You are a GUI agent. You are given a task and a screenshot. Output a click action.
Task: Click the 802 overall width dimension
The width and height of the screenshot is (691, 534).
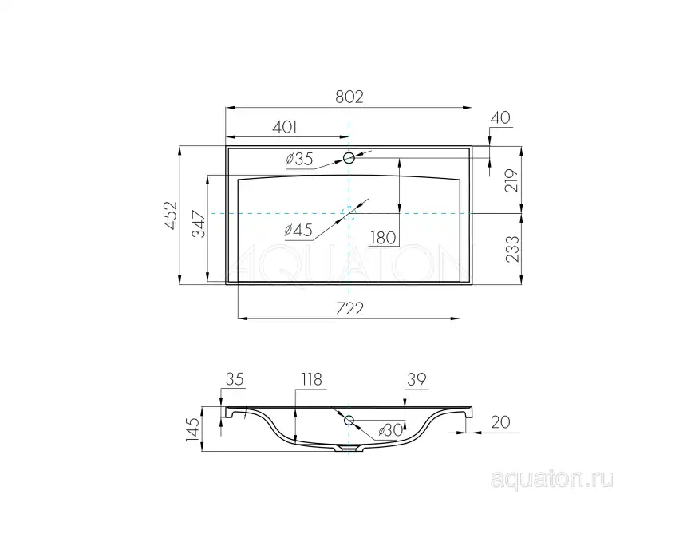[349, 97]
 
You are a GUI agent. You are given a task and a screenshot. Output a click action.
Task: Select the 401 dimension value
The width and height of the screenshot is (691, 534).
[285, 126]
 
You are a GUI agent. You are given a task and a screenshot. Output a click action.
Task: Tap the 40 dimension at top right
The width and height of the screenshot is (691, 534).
[499, 117]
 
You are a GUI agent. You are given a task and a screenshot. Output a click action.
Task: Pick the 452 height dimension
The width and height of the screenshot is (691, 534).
[169, 215]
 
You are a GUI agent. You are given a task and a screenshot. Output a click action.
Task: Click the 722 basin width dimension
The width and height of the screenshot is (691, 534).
[349, 308]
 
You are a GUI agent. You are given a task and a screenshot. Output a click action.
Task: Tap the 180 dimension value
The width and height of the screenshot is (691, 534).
[382, 237]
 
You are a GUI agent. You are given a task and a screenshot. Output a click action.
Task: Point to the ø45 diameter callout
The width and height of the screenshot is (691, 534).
[298, 231]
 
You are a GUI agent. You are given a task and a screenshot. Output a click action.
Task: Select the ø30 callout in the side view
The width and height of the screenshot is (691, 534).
[389, 430]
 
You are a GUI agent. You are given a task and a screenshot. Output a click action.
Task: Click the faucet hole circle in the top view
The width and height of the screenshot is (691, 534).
[349, 156]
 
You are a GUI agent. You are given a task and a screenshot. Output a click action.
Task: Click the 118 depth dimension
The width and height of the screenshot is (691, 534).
[311, 381]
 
